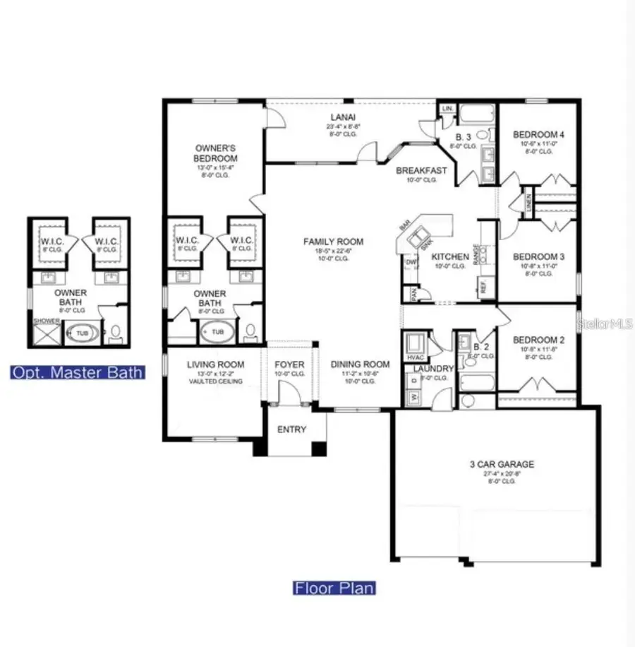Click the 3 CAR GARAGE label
(x=502, y=464)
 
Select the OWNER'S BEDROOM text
(x=216, y=153)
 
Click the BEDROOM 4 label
(x=538, y=134)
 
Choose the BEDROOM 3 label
(x=538, y=256)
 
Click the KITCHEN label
(x=449, y=256)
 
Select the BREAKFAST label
(x=421, y=170)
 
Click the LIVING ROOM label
(x=215, y=364)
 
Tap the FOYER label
(x=289, y=364)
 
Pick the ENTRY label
(x=291, y=429)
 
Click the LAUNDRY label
(x=428, y=369)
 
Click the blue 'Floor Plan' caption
(x=334, y=588)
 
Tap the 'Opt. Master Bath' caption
(x=78, y=372)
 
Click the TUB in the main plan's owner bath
(x=217, y=331)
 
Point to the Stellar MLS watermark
(x=605, y=325)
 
